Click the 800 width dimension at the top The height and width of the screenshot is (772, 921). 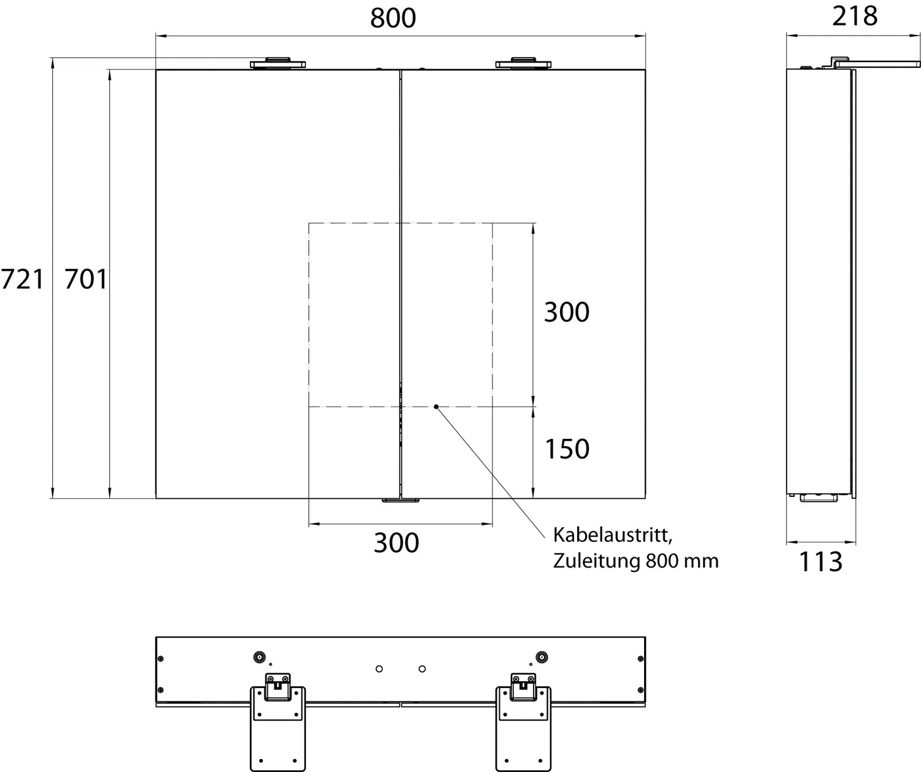click(393, 18)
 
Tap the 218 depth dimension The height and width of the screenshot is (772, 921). click(855, 16)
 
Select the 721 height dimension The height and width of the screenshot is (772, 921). click(22, 280)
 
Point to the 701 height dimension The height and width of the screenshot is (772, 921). click(85, 280)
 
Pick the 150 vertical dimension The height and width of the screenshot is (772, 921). click(567, 449)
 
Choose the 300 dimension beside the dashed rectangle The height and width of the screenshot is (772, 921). click(566, 312)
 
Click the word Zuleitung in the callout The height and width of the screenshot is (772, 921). click(596, 561)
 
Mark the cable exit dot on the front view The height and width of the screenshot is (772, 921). click(436, 406)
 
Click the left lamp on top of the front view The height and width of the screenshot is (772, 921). click(278, 63)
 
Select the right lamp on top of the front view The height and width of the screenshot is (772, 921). click(523, 63)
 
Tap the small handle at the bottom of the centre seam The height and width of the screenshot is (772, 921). click(400, 501)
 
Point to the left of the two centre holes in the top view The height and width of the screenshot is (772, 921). click(379, 668)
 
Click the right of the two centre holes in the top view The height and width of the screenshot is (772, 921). click(422, 668)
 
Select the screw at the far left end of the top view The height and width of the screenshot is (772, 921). click(161, 658)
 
